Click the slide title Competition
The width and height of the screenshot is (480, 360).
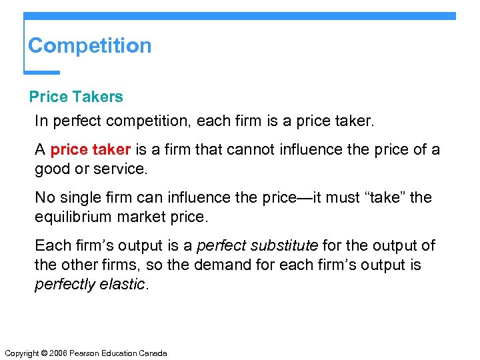pyautogui.click(x=90, y=46)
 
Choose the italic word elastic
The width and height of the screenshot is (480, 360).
pyautogui.click(x=126, y=284)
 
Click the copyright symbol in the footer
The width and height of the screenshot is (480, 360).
pyautogui.click(x=45, y=353)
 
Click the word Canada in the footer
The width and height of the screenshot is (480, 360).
pyautogui.click(x=153, y=353)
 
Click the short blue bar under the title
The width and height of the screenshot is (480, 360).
pyautogui.click(x=41, y=72)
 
